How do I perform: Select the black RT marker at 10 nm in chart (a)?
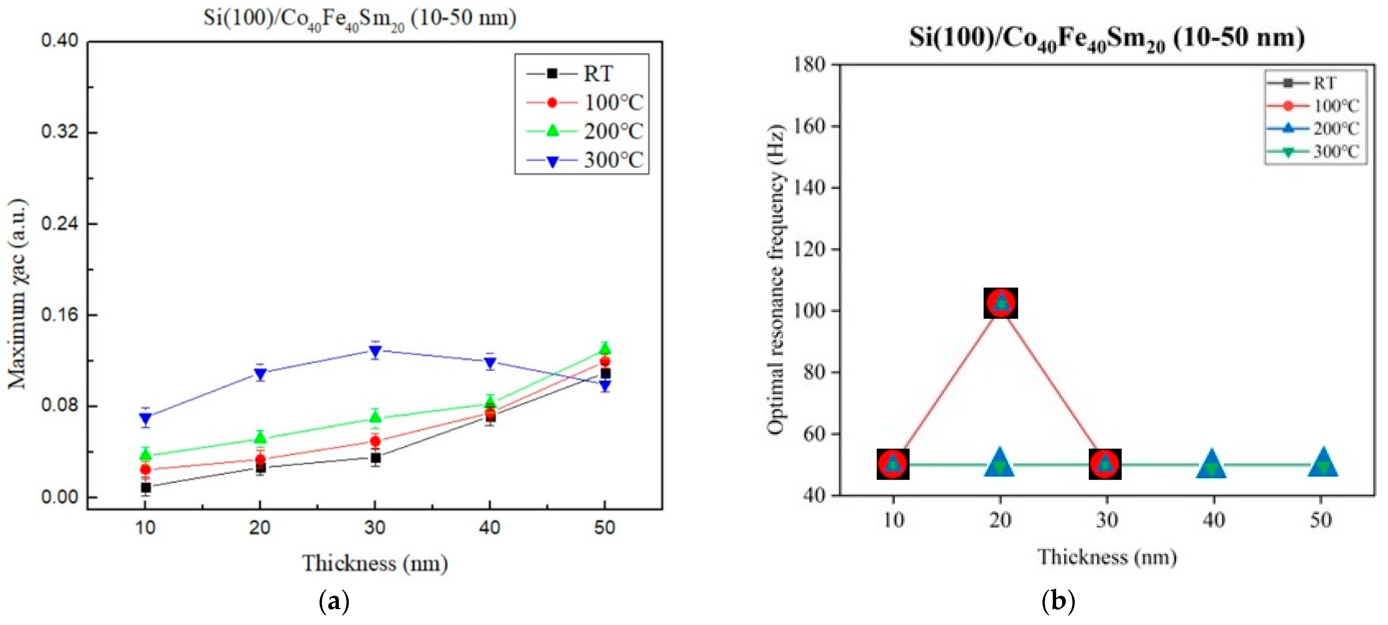pos(145,488)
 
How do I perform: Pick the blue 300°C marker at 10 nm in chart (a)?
pos(145,418)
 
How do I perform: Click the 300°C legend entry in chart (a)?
pos(585,160)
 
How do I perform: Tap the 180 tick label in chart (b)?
pos(809,65)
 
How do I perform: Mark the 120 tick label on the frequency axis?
pos(809,249)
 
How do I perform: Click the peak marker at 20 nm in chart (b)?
pos(1001,303)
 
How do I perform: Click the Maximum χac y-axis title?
pos(18,294)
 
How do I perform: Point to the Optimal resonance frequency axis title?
pos(775,280)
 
